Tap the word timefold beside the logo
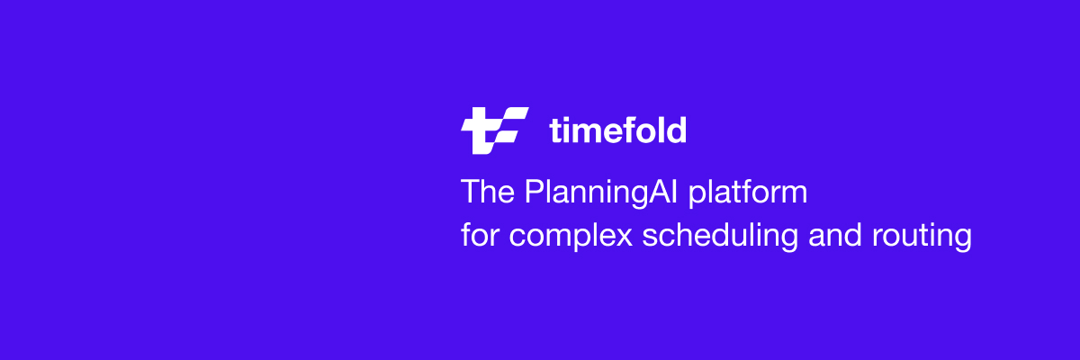pos(617,131)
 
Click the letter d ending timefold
pos(677,130)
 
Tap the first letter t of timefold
pos(555,131)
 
